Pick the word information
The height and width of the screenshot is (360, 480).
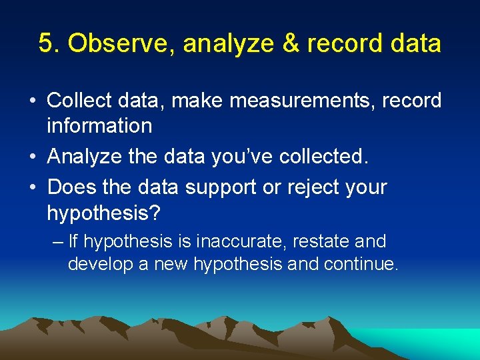[x=99, y=125]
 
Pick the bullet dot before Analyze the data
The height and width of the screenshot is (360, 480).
[x=32, y=157]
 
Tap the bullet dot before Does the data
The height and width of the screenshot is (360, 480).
[x=32, y=187]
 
